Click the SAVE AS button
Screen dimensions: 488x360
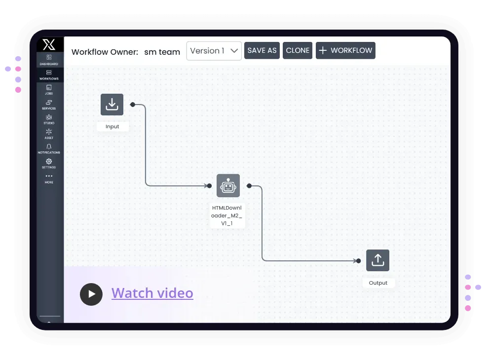click(262, 50)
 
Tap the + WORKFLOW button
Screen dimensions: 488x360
click(345, 50)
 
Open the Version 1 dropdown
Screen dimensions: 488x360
click(214, 51)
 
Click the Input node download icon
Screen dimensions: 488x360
click(112, 105)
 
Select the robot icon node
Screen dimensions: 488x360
click(228, 186)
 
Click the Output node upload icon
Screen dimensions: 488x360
click(377, 260)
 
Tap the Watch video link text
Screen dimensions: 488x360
click(152, 293)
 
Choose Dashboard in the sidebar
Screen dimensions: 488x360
click(49, 60)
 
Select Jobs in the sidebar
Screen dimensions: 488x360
click(49, 90)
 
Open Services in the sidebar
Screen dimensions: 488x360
click(49, 105)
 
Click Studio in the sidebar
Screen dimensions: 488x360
click(49, 119)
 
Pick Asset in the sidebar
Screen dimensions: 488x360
click(49, 134)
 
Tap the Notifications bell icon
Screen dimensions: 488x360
click(49, 146)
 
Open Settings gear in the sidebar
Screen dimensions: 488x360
click(49, 161)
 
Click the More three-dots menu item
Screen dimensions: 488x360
click(49, 179)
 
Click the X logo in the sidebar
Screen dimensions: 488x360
click(49, 44)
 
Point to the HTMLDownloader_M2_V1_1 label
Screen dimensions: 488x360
click(226, 216)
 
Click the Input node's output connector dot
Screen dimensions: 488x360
click(133, 105)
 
